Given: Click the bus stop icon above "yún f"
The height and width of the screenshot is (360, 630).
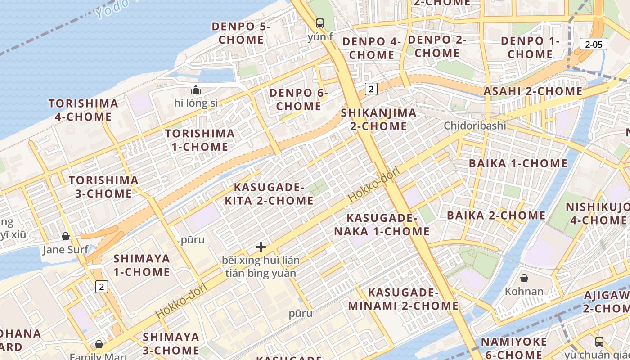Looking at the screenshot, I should [320, 23].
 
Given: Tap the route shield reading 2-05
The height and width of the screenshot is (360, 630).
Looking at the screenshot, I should [594, 44].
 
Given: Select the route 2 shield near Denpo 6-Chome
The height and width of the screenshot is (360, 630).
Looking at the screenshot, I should [371, 89].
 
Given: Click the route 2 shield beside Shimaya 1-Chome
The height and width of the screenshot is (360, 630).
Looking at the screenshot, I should [102, 286].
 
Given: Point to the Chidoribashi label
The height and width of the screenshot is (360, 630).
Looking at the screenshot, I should [475, 126].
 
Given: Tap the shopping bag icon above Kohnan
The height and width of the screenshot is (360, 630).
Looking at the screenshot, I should [524, 278].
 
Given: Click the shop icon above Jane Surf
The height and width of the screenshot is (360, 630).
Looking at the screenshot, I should [66, 236].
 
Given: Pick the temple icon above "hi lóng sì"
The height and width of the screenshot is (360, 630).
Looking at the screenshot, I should [195, 90].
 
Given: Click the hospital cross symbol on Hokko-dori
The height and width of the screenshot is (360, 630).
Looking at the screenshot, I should [261, 247].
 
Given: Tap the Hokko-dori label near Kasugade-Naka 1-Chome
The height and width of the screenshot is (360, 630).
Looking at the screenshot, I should [368, 187].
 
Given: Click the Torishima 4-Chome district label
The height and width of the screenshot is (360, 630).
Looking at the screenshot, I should [83, 110].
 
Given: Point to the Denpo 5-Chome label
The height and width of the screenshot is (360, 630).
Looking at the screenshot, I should [241, 33].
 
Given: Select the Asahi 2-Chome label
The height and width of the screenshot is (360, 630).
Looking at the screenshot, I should [533, 91].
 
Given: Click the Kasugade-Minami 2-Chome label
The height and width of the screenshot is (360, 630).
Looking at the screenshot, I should [403, 299].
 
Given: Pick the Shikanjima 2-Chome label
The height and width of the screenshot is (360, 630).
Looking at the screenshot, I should [378, 119].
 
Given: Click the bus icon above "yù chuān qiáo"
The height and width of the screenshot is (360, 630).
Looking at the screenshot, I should [599, 341].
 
